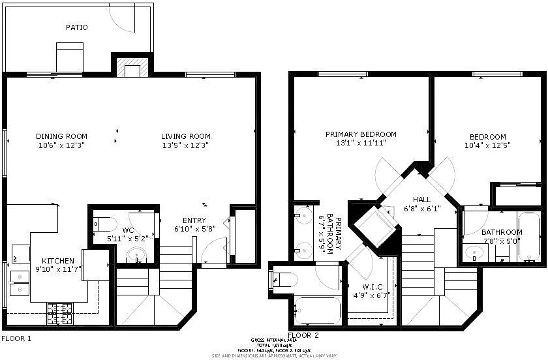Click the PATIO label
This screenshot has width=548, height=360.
tap(76, 27)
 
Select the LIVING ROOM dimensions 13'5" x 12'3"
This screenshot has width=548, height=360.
tap(186, 146)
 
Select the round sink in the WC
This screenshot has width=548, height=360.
tap(136, 255)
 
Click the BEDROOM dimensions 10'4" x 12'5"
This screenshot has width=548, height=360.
tap(487, 146)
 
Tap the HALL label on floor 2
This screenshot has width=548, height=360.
tap(422, 200)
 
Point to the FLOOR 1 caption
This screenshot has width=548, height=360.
tap(16, 338)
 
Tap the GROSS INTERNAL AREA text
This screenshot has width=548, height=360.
tap(273, 340)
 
